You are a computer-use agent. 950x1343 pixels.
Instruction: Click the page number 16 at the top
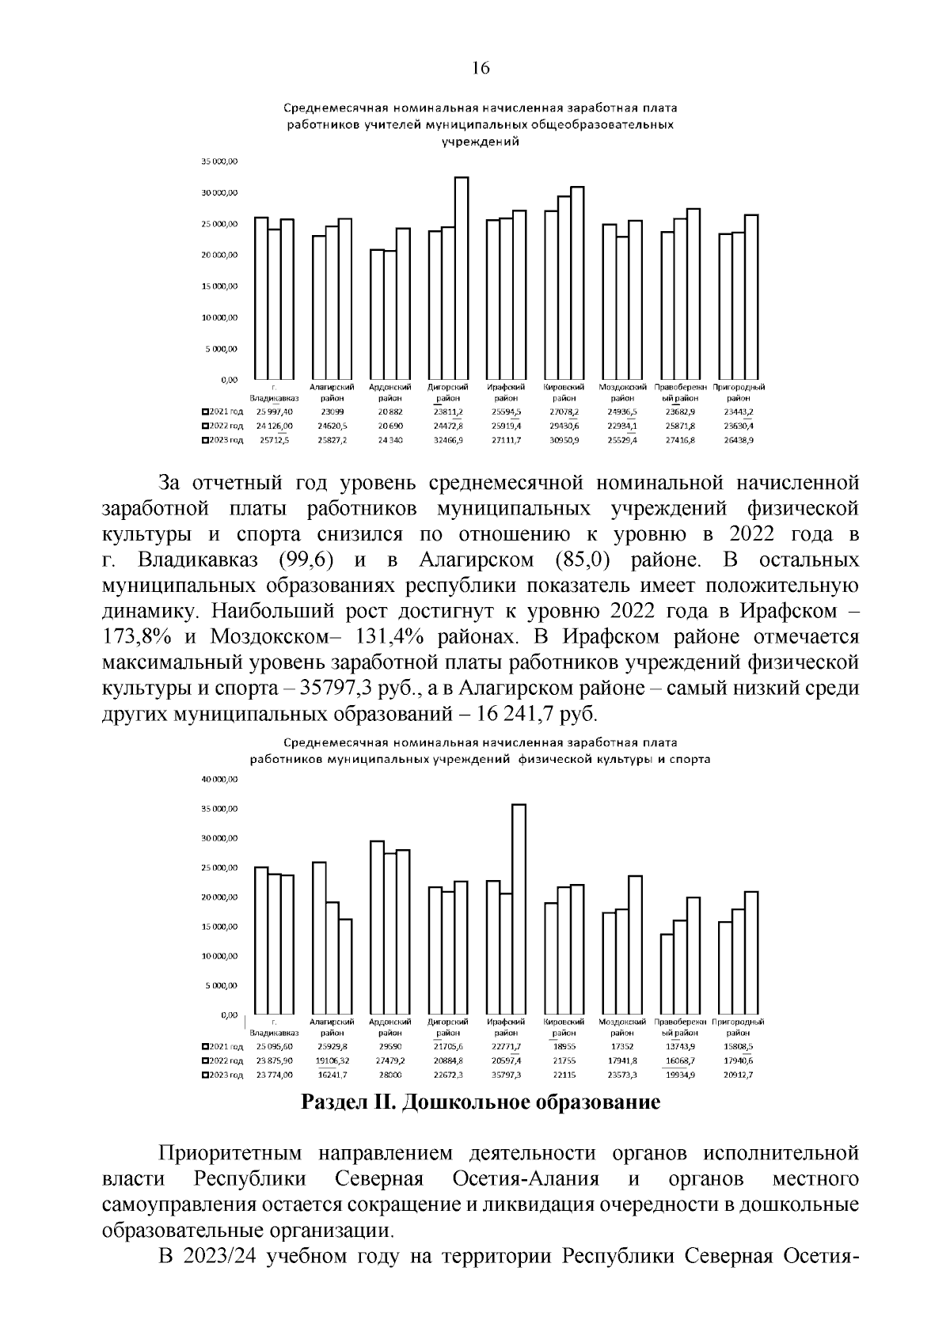481,68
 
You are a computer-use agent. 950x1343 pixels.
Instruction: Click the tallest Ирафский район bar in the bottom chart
519,910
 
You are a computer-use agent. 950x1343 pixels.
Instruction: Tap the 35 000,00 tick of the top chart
219,161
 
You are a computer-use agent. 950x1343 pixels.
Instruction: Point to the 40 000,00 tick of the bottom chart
219,780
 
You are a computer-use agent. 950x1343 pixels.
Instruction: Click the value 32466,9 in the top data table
448,440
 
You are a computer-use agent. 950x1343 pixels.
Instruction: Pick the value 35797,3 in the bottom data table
506,1075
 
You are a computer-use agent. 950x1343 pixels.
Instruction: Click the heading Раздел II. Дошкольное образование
481,1102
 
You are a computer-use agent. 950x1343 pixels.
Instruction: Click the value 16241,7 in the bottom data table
332,1075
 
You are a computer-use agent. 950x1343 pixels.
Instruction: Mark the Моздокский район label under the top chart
622,393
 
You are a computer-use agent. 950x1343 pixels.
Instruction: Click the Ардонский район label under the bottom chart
389,1027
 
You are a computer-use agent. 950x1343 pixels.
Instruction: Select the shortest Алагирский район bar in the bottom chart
345,966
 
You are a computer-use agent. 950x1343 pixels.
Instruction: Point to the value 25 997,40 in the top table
274,412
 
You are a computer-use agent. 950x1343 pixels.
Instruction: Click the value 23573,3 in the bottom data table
622,1075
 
